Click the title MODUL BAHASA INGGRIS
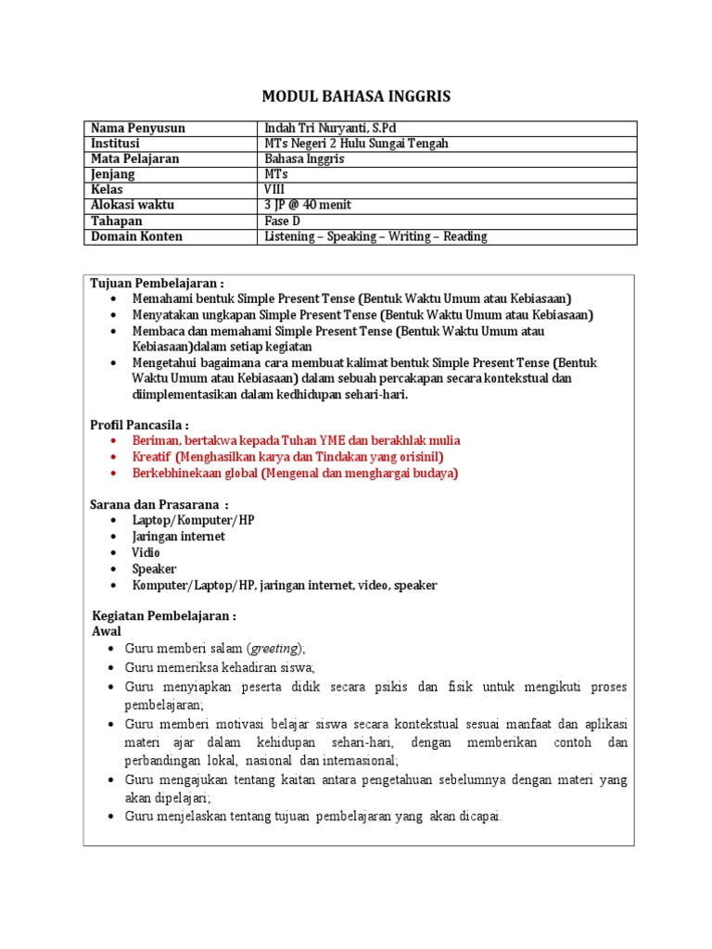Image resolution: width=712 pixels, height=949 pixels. click(356, 97)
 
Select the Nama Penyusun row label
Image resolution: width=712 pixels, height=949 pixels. click(137, 128)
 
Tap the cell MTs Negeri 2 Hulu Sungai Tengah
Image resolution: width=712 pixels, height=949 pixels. click(357, 144)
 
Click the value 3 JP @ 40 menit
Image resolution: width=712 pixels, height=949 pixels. click(308, 205)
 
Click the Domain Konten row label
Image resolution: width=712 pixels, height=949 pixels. click(136, 236)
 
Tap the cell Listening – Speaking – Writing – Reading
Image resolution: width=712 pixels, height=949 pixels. click(375, 236)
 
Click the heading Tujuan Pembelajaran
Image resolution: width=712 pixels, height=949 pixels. click(157, 283)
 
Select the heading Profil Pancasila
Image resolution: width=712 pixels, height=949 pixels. click(139, 424)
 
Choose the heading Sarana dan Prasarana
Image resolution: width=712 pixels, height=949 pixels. click(159, 504)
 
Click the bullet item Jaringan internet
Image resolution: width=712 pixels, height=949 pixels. click(178, 537)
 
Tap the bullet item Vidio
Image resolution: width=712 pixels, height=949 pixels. click(146, 552)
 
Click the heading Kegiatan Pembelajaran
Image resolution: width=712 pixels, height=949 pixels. click(164, 615)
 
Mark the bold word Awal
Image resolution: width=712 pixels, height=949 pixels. click(107, 631)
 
